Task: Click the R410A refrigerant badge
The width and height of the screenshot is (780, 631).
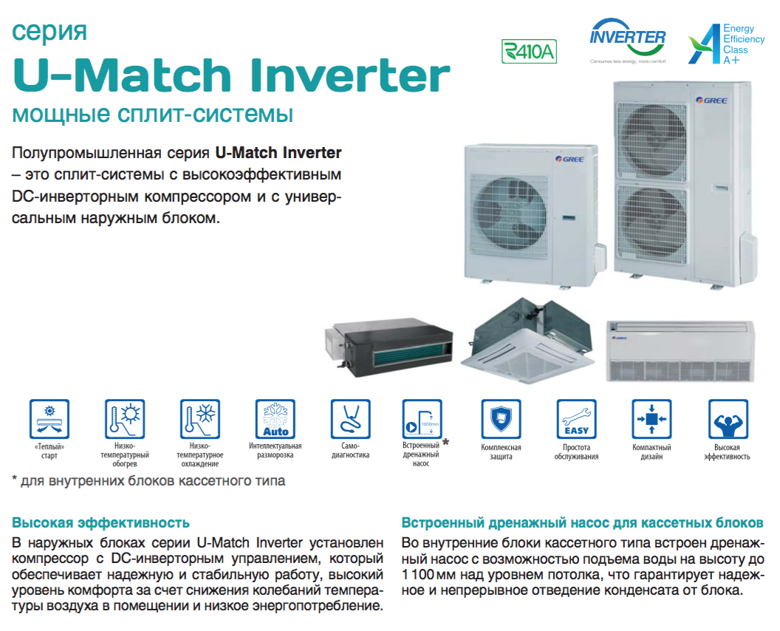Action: pyautogui.click(x=529, y=51)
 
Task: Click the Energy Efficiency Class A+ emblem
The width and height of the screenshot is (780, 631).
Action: pyautogui.click(x=726, y=44)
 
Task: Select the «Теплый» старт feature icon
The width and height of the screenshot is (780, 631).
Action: pyautogui.click(x=49, y=419)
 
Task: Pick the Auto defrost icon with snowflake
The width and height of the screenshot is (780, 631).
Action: pyautogui.click(x=275, y=419)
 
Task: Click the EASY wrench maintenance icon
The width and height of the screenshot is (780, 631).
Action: pyautogui.click(x=577, y=419)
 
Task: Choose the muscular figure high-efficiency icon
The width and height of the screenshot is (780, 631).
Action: pyautogui.click(x=728, y=419)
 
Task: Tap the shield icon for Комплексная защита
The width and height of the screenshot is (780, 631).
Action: pyautogui.click(x=501, y=419)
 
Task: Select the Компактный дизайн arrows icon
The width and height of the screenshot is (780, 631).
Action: pyautogui.click(x=651, y=419)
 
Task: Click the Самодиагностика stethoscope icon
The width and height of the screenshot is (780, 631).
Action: pyautogui.click(x=350, y=419)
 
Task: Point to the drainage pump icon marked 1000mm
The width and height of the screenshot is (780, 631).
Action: pyautogui.click(x=422, y=419)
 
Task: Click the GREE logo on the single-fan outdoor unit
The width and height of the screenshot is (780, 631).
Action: pyautogui.click(x=569, y=160)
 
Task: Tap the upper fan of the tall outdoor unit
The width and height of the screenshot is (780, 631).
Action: pyautogui.click(x=652, y=141)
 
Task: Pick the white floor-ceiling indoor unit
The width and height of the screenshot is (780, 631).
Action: pyautogui.click(x=680, y=351)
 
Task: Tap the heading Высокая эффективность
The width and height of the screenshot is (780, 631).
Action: pyautogui.click(x=101, y=523)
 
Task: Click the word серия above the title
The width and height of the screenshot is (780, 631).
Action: pyautogui.click(x=49, y=32)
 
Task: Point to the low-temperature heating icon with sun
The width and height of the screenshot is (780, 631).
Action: pyautogui.click(x=124, y=419)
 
